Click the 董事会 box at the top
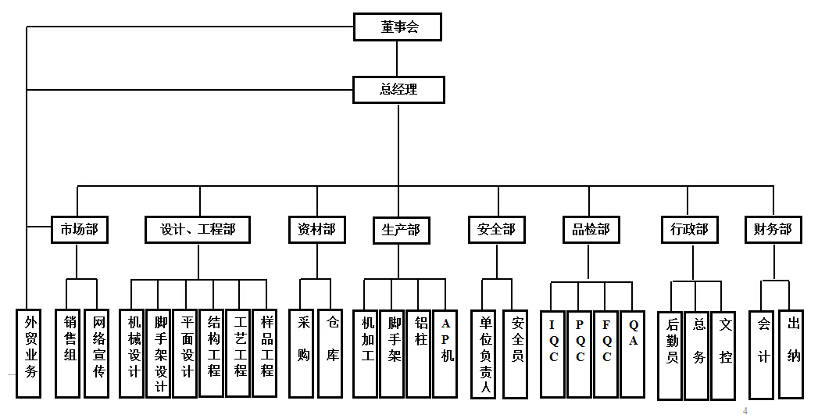tap(398, 27)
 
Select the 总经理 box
tap(398, 90)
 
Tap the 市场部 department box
tap(79, 230)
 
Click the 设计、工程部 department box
tap(198, 230)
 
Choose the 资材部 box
tap(316, 230)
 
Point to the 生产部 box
tap(401, 231)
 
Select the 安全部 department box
tap(496, 230)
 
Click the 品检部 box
tap(591, 230)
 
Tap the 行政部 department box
tap(689, 230)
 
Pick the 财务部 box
tap(773, 230)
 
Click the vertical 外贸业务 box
tap(30, 352)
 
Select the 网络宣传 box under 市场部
tap(97, 352)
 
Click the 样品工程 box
tap(266, 352)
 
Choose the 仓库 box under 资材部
tap(332, 352)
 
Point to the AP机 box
tap(445, 352)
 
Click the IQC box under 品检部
tap(553, 352)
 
